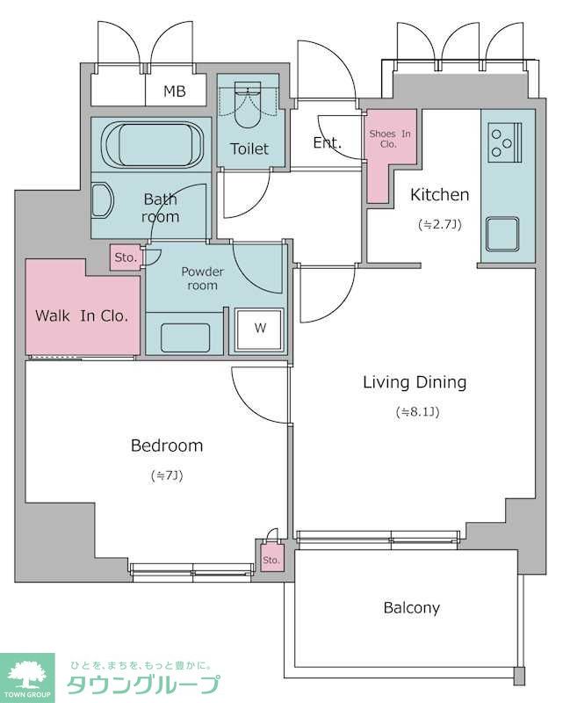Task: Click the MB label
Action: coord(175,91)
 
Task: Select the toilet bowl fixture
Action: coord(248,105)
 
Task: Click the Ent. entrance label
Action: coord(328,143)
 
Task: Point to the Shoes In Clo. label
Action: coord(389,139)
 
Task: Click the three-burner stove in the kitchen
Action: coord(504,142)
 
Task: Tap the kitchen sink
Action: coord(503,234)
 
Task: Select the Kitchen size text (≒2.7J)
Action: coord(439,224)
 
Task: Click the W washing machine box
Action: coord(259,329)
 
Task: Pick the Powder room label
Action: coord(202,279)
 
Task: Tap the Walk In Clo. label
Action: coord(82,316)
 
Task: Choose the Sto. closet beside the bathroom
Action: coord(126,257)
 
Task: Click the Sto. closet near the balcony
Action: coord(271,557)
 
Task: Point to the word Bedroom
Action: coord(167,446)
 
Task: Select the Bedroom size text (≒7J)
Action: coord(167,475)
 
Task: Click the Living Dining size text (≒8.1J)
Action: coord(417,411)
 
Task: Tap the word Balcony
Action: coord(412,608)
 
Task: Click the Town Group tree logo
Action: coord(27,676)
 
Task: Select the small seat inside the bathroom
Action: coord(102,200)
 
